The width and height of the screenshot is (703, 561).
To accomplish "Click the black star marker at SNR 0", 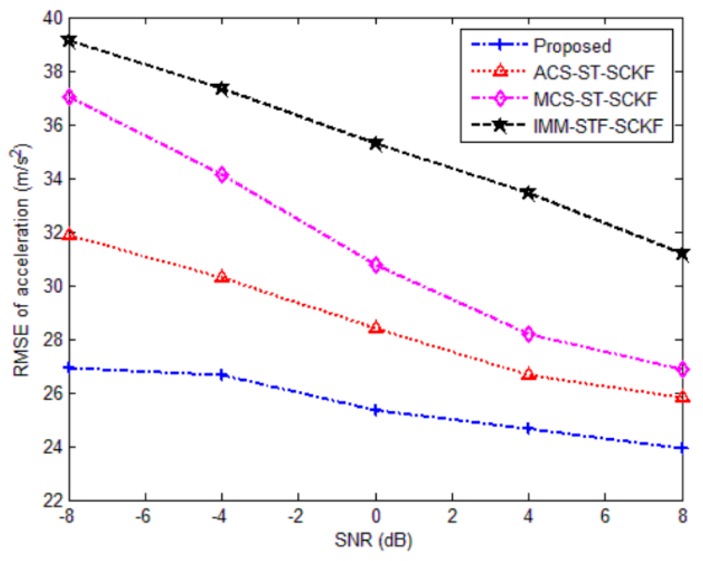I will pyautogui.click(x=376, y=144).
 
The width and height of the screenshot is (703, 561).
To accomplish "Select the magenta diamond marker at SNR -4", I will pyautogui.click(x=222, y=175).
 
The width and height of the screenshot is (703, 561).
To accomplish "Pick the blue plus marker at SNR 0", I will pyautogui.click(x=376, y=410).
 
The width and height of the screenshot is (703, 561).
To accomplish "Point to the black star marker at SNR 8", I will pyautogui.click(x=682, y=254).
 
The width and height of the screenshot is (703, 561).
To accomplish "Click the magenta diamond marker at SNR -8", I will pyautogui.click(x=69, y=98).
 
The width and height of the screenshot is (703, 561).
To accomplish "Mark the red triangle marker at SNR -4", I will pyautogui.click(x=222, y=277).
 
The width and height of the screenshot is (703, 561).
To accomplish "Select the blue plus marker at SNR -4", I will pyautogui.click(x=222, y=375).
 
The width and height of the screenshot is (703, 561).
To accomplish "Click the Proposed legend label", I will pyautogui.click(x=572, y=46).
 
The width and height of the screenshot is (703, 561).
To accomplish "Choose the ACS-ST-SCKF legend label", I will pyautogui.click(x=593, y=73).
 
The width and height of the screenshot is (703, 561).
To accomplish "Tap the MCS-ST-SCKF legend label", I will pyautogui.click(x=595, y=99).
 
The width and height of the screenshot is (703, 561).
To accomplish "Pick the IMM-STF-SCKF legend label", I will pyautogui.click(x=598, y=126).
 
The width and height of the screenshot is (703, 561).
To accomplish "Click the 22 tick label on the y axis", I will pyautogui.click(x=53, y=501).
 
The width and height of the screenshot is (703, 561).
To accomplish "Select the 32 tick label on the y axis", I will pyautogui.click(x=53, y=233).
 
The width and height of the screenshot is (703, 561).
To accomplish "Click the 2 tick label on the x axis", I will pyautogui.click(x=452, y=516).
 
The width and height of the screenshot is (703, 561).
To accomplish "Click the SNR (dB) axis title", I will pyautogui.click(x=373, y=541).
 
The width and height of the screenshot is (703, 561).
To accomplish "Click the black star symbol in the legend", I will pyautogui.click(x=500, y=125).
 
